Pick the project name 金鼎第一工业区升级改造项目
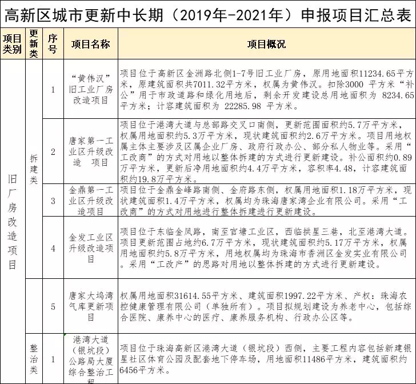pyautogui.click(x=90, y=200)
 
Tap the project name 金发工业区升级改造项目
pyautogui.click(x=90, y=248)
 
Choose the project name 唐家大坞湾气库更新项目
pyautogui.click(x=90, y=306)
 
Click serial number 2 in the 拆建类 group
pyautogui.click(x=53, y=151)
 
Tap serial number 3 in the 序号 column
pyautogui.click(x=53, y=200)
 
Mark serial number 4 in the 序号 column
pyautogui.click(x=53, y=248)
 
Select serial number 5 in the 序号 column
pyautogui.click(x=53, y=306)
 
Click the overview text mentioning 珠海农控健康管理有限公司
pyautogui.click(x=266, y=306)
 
